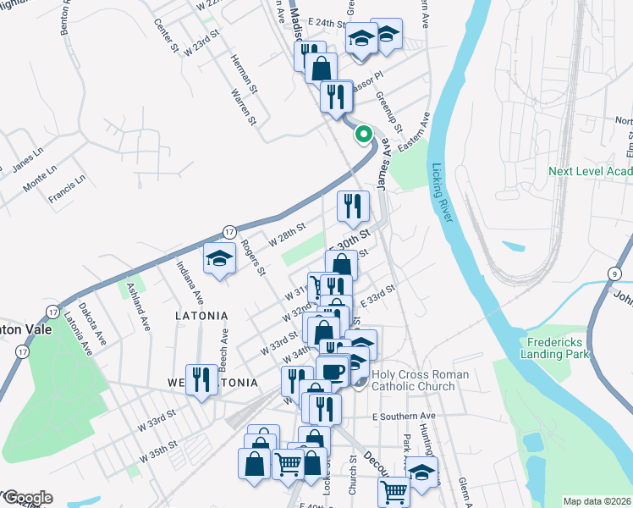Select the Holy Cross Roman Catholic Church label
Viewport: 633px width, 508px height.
point(412,380)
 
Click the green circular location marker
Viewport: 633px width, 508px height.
point(364,134)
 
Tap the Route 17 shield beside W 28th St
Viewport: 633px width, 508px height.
point(228,231)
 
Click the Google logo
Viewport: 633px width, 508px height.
point(27,498)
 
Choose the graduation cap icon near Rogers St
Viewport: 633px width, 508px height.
point(219,258)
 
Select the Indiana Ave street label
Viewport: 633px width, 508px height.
point(190,283)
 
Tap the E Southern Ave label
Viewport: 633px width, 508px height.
point(403,417)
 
